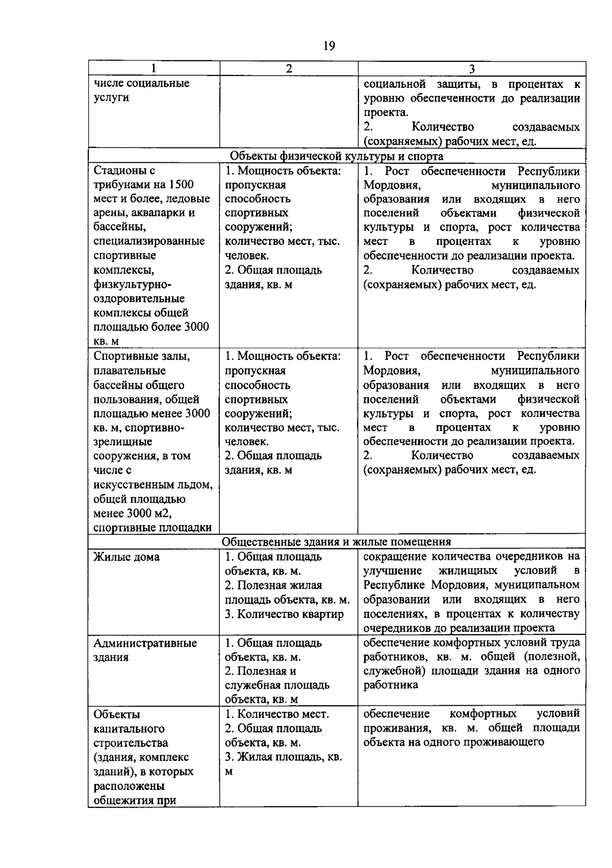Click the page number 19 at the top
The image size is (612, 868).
329,46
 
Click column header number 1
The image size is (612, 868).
154,68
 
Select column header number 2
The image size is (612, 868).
289,68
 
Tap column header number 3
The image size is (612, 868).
472,69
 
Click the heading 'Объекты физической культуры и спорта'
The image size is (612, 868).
337,156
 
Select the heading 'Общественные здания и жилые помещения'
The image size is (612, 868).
337,541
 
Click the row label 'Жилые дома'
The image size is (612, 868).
126,557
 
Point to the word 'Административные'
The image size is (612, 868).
145,643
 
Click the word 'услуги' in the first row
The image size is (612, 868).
111,97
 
